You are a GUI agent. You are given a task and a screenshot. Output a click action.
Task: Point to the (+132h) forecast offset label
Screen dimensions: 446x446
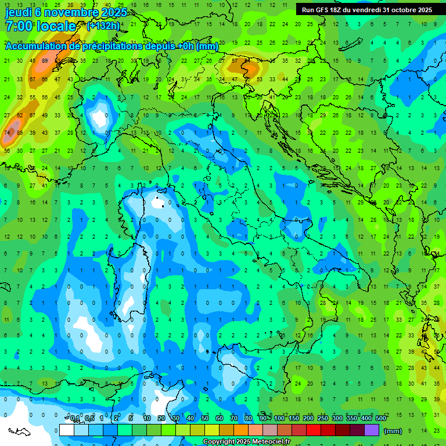point(103,26)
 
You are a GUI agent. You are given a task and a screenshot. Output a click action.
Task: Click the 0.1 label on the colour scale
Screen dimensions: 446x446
point(75,419)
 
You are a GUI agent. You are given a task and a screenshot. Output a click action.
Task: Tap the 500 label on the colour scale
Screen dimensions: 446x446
point(381,419)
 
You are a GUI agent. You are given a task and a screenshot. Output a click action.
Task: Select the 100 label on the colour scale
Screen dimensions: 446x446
point(279,419)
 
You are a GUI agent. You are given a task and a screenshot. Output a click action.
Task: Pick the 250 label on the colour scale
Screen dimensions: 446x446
point(323,419)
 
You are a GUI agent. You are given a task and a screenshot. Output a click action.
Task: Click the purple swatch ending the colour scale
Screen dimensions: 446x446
point(372,430)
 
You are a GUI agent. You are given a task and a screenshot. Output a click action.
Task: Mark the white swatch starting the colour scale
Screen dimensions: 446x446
point(67,430)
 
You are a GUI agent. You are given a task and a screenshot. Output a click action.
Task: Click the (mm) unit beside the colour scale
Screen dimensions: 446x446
point(393,430)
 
